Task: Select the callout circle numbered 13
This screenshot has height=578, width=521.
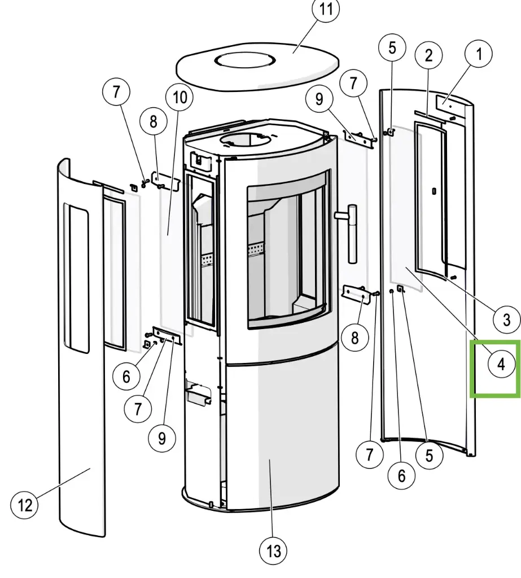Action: pos(273,550)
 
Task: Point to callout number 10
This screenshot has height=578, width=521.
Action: pos(179,97)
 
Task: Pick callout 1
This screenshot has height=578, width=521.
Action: pos(479,55)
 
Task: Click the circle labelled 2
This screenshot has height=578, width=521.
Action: pos(429,55)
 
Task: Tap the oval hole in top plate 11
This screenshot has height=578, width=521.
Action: pos(248,60)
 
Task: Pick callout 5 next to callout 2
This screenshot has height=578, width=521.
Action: pos(392,48)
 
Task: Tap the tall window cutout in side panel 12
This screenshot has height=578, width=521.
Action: pos(76,277)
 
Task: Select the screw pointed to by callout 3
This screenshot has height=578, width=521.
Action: pos(453,277)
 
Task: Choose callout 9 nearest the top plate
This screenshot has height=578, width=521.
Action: pos(320,100)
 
